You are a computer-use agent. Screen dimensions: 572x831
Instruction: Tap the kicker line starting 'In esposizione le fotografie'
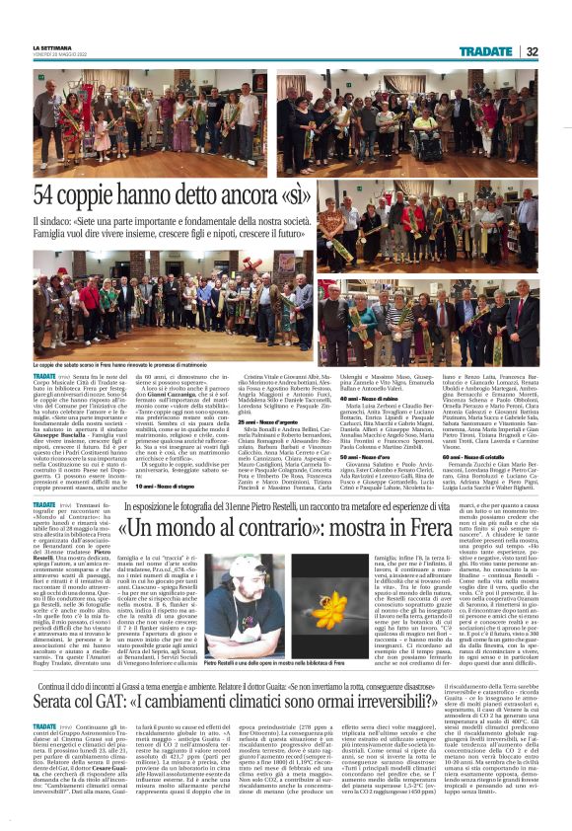[x=325, y=506]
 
